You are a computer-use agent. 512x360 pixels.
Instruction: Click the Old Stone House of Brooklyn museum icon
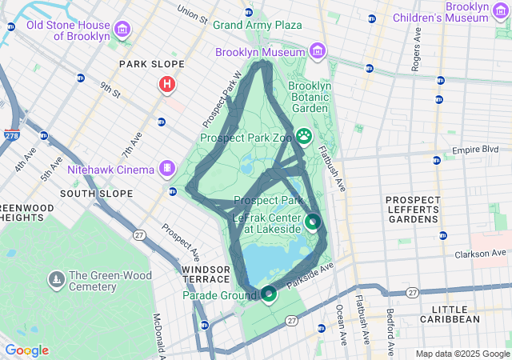(122, 30)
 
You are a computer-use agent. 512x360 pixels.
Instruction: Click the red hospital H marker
(166, 83)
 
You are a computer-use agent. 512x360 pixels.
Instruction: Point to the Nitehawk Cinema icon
(166, 168)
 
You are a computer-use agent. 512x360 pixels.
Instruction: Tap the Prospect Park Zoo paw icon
(305, 135)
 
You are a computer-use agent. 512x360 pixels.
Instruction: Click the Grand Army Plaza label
(257, 25)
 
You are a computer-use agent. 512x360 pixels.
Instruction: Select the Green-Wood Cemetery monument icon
(57, 278)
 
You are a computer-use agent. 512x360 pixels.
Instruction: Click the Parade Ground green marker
(269, 294)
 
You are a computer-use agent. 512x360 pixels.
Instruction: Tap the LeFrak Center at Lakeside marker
(313, 221)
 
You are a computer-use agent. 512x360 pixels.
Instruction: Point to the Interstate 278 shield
(12, 135)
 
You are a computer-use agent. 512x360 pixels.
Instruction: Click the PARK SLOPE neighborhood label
(151, 64)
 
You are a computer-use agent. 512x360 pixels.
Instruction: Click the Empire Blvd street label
(475, 150)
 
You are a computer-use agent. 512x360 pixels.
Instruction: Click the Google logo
(26, 350)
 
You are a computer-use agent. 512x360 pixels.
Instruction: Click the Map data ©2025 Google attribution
(462, 354)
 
